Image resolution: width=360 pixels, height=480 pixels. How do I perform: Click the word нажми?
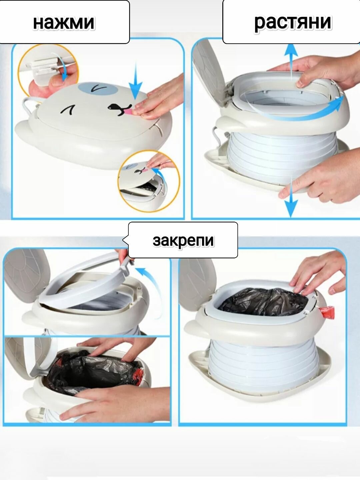click(64, 22)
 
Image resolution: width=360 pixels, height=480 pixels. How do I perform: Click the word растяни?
click(293, 22)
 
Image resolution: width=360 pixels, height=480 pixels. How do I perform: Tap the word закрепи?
click(183, 241)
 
